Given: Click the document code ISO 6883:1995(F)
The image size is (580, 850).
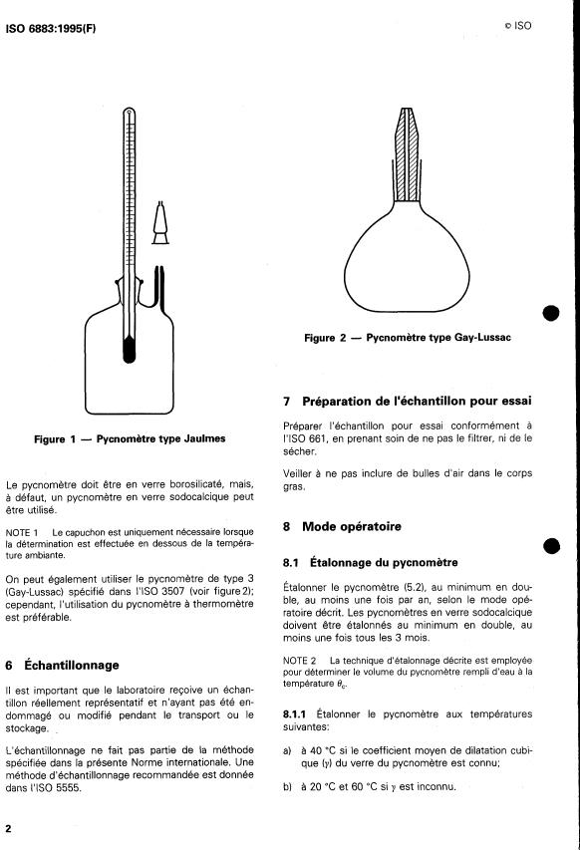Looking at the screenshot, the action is [x=51, y=29].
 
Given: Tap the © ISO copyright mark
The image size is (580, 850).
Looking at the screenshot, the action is [x=517, y=26].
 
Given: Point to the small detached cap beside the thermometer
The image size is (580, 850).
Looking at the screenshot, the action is [x=159, y=222].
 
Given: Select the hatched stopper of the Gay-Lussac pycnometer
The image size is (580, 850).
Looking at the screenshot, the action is [x=407, y=153].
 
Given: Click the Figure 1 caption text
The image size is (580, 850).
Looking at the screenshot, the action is [x=130, y=438].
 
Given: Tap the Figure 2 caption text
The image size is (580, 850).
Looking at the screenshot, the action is [x=407, y=338].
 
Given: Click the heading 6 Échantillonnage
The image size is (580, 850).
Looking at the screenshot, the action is [x=62, y=665].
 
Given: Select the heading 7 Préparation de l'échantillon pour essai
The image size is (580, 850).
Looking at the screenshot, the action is [x=407, y=402].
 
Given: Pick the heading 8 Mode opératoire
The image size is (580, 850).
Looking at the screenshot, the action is [x=342, y=526].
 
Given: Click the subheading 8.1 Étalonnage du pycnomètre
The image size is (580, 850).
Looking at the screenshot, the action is [x=371, y=563].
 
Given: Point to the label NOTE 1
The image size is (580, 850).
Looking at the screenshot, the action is [x=22, y=532].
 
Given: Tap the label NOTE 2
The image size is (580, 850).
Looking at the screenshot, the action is [x=299, y=661].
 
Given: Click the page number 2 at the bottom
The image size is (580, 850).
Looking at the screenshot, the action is [x=9, y=828].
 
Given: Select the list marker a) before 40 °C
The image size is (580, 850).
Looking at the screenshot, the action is [x=287, y=750].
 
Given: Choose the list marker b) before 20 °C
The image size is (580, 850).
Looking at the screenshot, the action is [x=287, y=786].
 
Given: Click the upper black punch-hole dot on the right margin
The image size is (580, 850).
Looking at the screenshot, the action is [x=551, y=313].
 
